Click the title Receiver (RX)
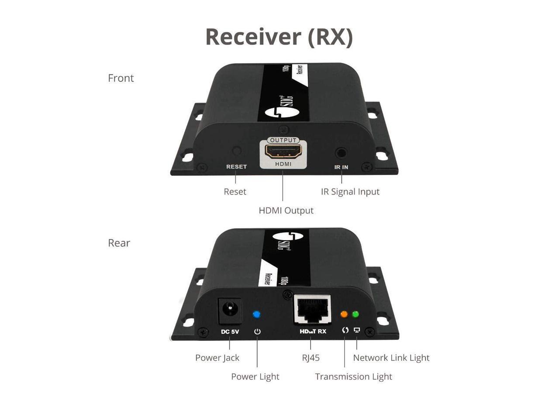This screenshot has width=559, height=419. click(x=279, y=37)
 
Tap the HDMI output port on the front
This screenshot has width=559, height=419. click(x=283, y=152)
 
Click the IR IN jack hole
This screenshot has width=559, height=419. click(x=341, y=153)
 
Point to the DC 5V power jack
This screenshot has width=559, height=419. click(x=229, y=310)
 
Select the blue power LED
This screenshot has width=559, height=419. click(x=257, y=314)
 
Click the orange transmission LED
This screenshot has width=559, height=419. click(x=344, y=314)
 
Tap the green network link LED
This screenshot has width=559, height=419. click(x=355, y=314)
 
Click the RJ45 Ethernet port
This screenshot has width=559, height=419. click(x=313, y=310)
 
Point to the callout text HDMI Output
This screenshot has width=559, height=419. click(x=286, y=210)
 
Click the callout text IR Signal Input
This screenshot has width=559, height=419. click(x=350, y=192)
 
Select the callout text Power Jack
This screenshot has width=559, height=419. click(x=217, y=358)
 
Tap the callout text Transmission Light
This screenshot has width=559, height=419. click(x=353, y=377)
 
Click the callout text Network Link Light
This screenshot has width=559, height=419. click(x=391, y=358)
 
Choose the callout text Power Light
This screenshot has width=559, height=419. click(x=255, y=377)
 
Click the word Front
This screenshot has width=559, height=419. click(x=121, y=78)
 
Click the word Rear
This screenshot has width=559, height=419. click(x=119, y=243)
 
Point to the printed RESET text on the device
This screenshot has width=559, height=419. click(x=236, y=167)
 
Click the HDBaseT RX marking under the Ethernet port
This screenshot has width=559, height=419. click(x=313, y=332)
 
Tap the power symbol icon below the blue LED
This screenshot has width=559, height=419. click(x=257, y=332)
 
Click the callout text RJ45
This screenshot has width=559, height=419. click(x=311, y=358)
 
